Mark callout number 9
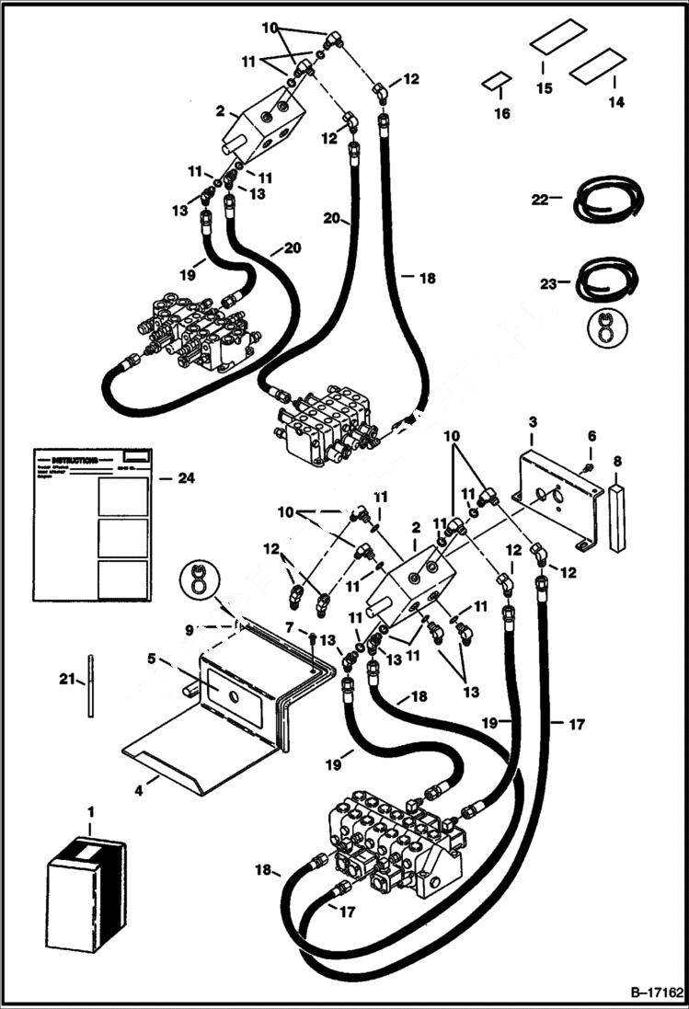click(x=188, y=630)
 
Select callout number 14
click(x=616, y=103)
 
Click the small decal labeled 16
click(x=496, y=82)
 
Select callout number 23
click(x=549, y=284)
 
